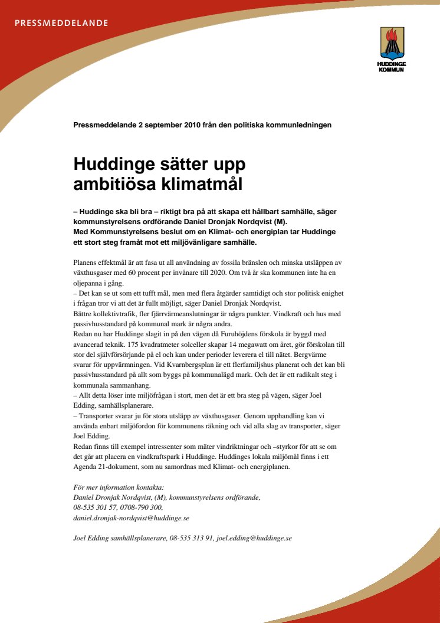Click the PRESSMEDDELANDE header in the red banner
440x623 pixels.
[61, 23]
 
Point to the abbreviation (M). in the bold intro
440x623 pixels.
[275, 221]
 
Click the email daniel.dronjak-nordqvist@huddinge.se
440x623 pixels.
[131, 517]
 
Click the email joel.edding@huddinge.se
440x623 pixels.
[254, 538]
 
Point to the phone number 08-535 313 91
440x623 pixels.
[191, 538]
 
